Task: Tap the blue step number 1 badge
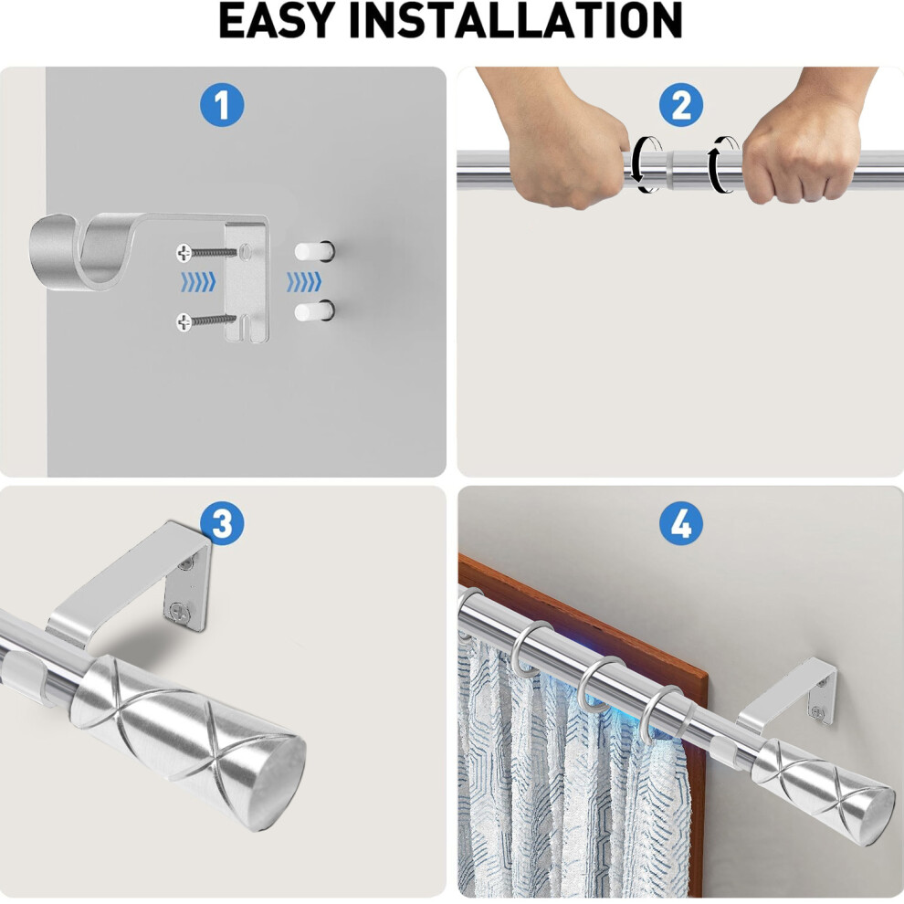(222, 106)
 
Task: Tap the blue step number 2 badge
(680, 106)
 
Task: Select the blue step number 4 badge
(680, 524)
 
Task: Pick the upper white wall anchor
(313, 250)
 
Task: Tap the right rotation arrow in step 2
(724, 163)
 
